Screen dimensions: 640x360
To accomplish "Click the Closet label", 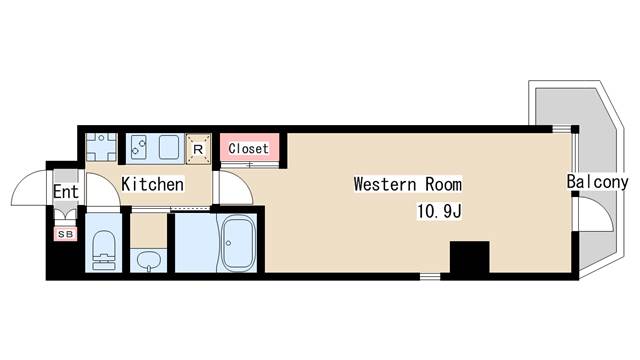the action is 248,148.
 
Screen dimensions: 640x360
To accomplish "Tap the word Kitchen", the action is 153,184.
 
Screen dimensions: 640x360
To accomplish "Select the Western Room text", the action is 408,184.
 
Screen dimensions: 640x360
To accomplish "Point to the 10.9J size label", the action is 439,211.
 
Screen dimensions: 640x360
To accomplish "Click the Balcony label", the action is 597,182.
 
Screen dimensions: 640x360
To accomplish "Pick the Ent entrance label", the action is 65,191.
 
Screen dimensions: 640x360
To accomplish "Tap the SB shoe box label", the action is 66,234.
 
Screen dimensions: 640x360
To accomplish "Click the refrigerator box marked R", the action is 198,149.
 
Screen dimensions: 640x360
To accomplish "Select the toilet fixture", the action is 104,250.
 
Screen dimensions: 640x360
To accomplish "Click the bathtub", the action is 238,244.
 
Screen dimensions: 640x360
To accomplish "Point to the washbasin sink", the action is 149,260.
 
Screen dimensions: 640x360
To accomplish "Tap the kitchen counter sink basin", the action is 169,147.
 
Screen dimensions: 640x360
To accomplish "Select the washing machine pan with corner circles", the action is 102,147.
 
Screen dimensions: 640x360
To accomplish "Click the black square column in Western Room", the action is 469,257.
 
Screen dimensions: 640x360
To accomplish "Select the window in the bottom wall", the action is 430,277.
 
